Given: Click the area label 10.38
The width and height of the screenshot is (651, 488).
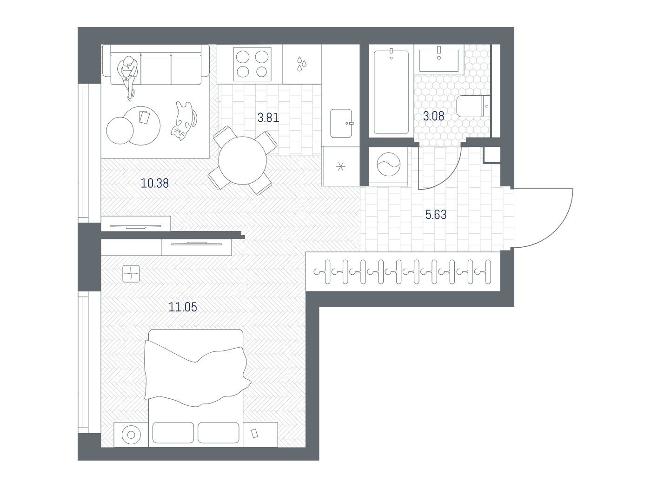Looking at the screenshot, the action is pos(154,184).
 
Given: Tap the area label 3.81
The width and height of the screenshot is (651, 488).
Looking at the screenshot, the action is pos(268,118).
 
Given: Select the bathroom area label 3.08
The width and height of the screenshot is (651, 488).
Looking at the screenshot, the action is pos(433,116).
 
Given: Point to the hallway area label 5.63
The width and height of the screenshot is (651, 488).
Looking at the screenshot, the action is pos(436,215).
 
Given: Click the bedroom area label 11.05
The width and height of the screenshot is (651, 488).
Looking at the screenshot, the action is pos(183,307).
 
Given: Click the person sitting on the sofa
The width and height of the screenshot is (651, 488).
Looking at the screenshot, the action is pos(128,76).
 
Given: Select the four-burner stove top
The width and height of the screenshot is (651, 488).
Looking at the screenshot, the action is pos(252,64).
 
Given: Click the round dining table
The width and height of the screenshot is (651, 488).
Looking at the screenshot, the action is pos(242,160).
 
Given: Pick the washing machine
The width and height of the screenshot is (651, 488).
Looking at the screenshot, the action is pos(388,166).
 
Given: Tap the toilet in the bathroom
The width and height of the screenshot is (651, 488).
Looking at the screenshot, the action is pos(473,106).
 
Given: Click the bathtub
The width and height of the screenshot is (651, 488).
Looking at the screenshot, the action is pos(391,92).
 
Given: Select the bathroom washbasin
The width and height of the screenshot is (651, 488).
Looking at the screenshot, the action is pos(439,60).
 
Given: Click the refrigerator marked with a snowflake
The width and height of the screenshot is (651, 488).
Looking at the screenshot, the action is pos(340,166).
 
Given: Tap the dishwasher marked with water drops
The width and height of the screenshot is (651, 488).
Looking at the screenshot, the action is pos(302,64).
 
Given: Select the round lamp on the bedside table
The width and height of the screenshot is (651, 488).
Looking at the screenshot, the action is pos(131,435).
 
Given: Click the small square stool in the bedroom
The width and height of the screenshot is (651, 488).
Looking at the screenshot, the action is pos(131,273).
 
